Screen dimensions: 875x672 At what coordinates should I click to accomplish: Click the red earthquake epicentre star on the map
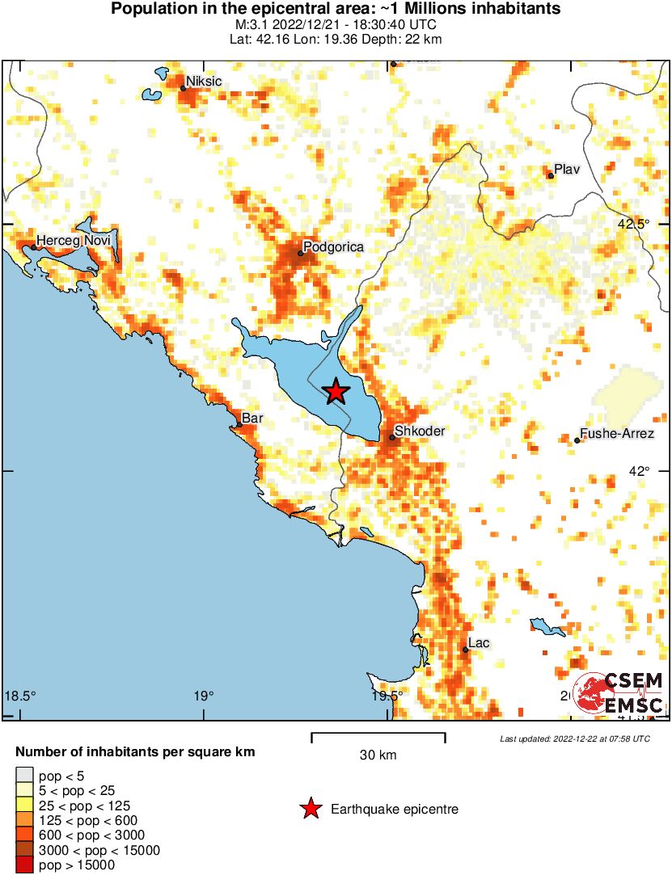(336, 391)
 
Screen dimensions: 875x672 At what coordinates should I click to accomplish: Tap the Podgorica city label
(333, 246)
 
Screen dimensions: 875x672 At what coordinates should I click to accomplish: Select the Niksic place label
(204, 82)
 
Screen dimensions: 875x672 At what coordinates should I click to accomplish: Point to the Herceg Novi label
(73, 241)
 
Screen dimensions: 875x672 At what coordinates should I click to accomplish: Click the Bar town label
(251, 419)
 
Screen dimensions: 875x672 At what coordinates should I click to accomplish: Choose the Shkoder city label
(419, 431)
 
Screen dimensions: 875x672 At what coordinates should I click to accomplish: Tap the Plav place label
(568, 168)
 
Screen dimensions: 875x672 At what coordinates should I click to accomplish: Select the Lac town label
(480, 643)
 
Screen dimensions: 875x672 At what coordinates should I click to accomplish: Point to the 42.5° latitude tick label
(634, 224)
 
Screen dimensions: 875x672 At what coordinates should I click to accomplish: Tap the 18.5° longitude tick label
(21, 696)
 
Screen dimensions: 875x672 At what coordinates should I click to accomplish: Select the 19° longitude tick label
(204, 696)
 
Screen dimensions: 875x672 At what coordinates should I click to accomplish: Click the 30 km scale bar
(378, 736)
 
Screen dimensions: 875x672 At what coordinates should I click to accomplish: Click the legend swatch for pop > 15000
(24, 865)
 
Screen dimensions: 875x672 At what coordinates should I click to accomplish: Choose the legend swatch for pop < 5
(24, 776)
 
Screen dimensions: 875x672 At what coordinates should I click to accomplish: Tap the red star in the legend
(310, 809)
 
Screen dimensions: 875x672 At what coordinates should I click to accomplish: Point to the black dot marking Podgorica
(301, 254)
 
